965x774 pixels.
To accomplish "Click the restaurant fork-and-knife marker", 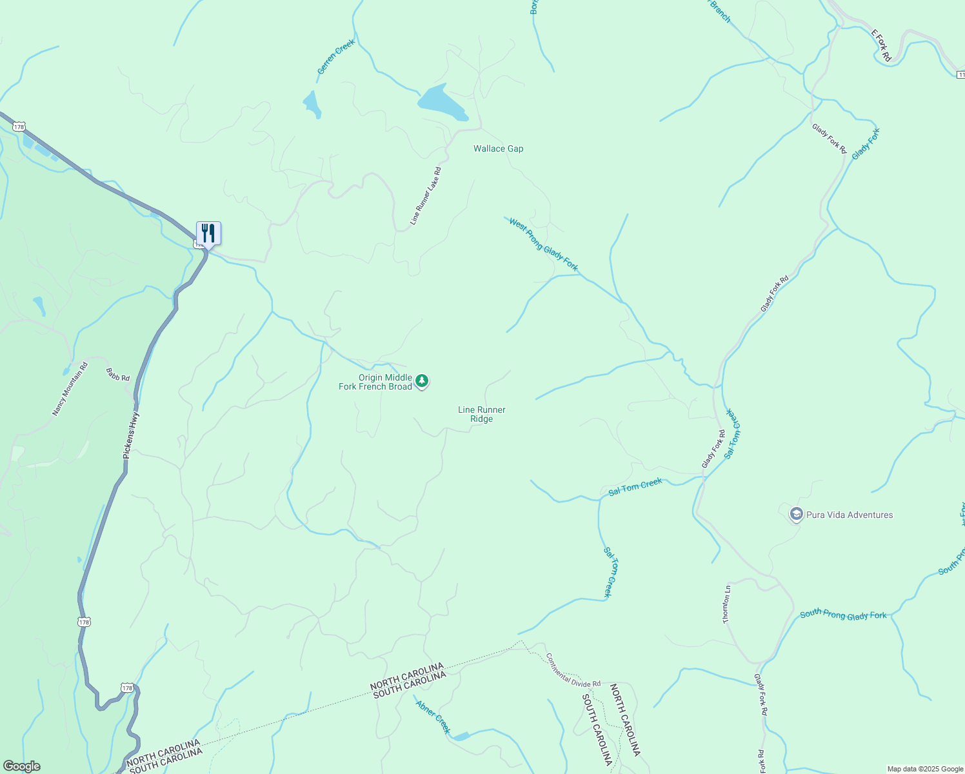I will click(x=208, y=233).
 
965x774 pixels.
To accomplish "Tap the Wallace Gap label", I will click(x=498, y=149).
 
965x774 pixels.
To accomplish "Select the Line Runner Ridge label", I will click(x=481, y=414).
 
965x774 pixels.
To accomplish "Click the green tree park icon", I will click(x=422, y=381).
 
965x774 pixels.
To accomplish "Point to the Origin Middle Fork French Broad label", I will click(x=375, y=382).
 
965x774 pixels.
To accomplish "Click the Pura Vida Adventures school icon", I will click(x=796, y=515).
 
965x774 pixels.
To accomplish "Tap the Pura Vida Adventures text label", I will click(x=850, y=515).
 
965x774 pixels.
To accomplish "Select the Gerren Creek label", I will click(x=336, y=57).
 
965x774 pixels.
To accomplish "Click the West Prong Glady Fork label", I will click(x=543, y=244).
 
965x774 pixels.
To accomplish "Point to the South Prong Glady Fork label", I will click(x=843, y=615).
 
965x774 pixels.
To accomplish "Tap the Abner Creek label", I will click(x=433, y=717).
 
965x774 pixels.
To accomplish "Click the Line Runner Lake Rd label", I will click(x=425, y=196).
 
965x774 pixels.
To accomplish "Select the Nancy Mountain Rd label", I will click(x=70, y=389).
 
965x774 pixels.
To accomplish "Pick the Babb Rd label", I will click(x=118, y=374).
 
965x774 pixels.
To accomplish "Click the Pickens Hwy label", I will click(x=131, y=435).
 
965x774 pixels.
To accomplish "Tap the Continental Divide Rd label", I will click(x=573, y=670).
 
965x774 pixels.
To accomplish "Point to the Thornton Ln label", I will click(x=727, y=604).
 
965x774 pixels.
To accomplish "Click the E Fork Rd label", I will click(x=881, y=45).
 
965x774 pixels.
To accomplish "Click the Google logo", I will click(x=21, y=766).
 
